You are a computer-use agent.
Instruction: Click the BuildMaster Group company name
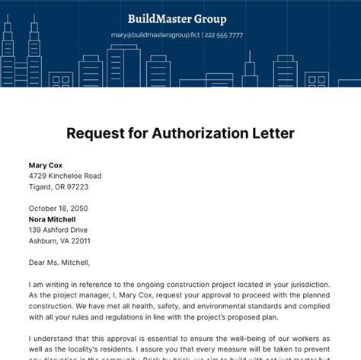[x=177, y=19]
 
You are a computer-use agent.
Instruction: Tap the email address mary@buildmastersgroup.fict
[x=152, y=35]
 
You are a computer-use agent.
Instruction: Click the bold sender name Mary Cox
[x=46, y=164]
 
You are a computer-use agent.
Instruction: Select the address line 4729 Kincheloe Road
[x=65, y=176]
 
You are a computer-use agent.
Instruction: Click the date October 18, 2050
[x=59, y=208]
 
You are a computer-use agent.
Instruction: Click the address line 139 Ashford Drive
[x=59, y=229]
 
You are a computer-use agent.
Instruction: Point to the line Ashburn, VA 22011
[x=59, y=241]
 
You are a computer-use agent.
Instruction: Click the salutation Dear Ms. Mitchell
[x=59, y=263]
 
